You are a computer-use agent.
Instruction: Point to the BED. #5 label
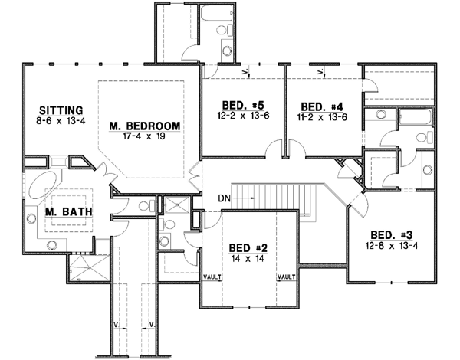[237, 106]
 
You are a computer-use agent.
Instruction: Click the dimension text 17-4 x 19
[144, 137]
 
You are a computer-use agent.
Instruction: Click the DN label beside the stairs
[224, 198]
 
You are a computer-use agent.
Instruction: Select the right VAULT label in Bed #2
[286, 277]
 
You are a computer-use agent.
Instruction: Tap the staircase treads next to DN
[276, 198]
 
